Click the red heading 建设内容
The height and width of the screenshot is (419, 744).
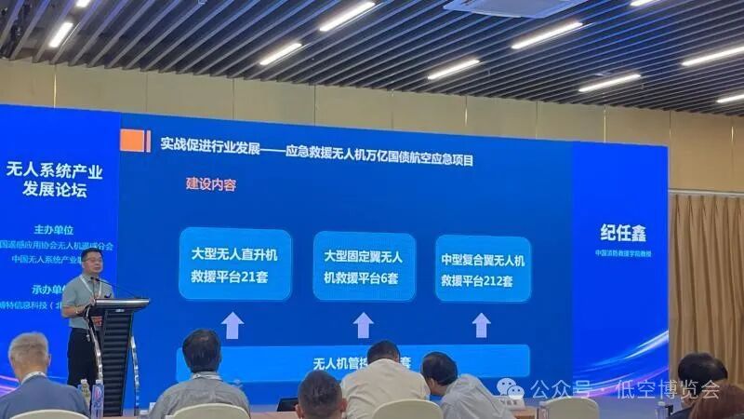[x=212, y=184]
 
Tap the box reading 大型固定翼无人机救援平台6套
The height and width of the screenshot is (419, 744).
[x=364, y=266]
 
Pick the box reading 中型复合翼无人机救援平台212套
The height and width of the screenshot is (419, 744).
[x=482, y=268]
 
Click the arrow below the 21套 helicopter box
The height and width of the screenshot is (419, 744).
[x=232, y=325]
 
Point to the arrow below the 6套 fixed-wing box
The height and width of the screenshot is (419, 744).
[x=363, y=325]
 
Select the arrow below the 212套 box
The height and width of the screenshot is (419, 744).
[x=481, y=324]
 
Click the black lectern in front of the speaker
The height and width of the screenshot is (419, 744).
[x=115, y=345]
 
